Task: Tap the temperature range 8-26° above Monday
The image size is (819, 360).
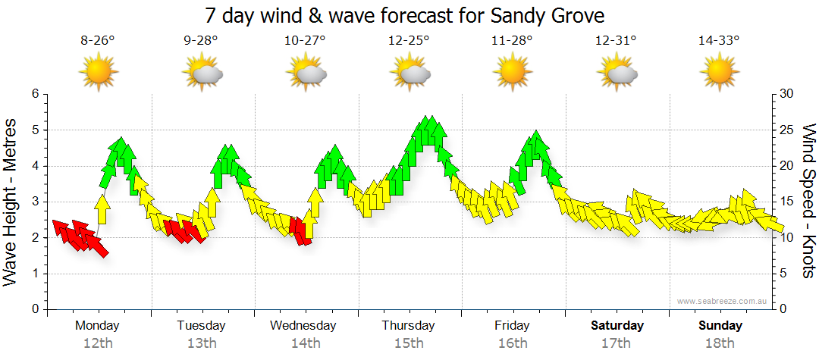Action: pos(98,41)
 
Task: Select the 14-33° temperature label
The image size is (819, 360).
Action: pos(719,41)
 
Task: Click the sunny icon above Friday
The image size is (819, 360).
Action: pos(512,73)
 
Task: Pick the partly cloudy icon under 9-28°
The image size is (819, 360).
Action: pos(202,73)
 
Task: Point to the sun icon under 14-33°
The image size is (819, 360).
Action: pos(719,73)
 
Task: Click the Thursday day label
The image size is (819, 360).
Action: pos(408,326)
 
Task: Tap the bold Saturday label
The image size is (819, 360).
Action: pos(617,326)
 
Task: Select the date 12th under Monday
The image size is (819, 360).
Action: pos(98,343)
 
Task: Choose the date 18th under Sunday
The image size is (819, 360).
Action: pos(720,343)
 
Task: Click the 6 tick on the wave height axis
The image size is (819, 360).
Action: pos(35,94)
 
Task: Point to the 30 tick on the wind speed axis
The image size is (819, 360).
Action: pos(787,94)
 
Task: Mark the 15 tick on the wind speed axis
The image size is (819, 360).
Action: pos(787,202)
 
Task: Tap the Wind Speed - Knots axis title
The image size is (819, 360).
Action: pos(808,202)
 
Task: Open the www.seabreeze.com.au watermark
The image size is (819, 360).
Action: pos(723,301)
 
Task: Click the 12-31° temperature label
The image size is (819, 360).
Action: pos(615,41)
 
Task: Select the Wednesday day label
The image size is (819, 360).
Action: pos(303,326)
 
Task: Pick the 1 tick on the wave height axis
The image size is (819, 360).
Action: pos(35,274)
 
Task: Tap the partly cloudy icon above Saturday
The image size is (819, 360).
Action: pos(616,73)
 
